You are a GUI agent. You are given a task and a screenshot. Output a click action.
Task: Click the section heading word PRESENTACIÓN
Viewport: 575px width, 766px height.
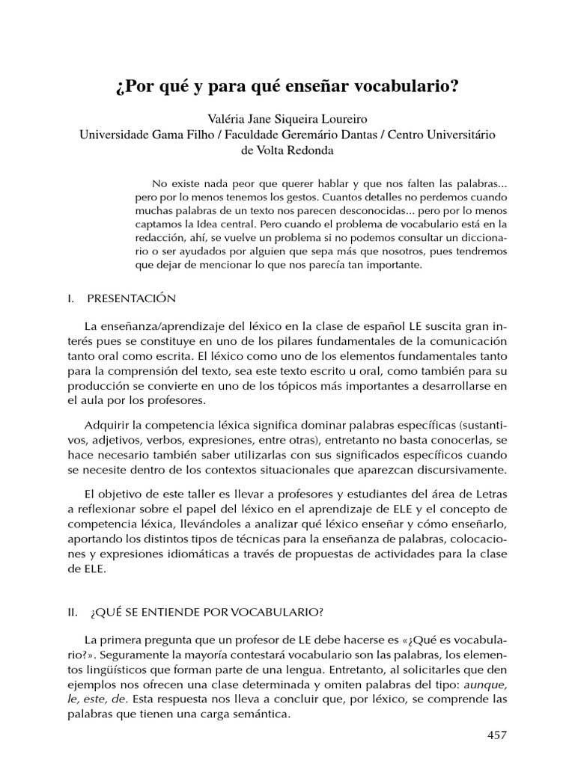[x=131, y=298]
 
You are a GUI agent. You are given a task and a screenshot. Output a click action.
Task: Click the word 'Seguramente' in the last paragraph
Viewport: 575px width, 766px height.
[x=126, y=657]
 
